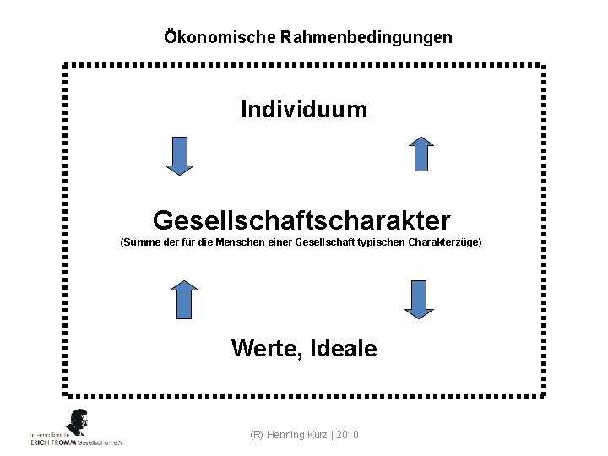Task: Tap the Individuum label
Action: (304, 110)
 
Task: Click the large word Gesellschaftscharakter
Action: (301, 221)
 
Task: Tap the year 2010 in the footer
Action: (346, 434)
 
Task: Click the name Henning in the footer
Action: (287, 434)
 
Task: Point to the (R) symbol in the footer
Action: (258, 434)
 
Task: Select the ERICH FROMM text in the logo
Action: (52, 442)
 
